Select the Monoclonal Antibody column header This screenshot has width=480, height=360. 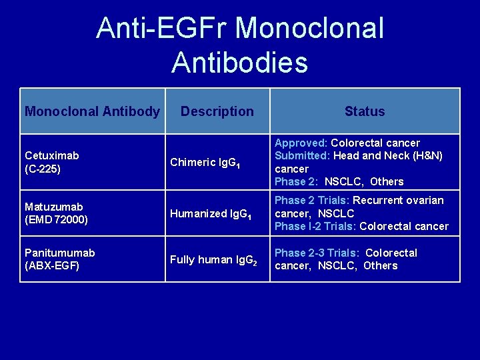(92, 111)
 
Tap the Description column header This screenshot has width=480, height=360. (217, 111)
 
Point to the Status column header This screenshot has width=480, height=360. (365, 111)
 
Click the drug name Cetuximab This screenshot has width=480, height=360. (52, 155)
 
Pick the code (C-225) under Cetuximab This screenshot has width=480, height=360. (43, 169)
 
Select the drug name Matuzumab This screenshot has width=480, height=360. (54, 207)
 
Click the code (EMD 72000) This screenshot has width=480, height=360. (57, 220)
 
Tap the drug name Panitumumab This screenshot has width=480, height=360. (59, 253)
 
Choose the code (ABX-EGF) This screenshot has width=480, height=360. (52, 265)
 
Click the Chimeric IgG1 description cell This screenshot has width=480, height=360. (203, 162)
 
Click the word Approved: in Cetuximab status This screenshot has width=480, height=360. (301, 143)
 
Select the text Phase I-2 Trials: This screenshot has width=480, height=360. (315, 226)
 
